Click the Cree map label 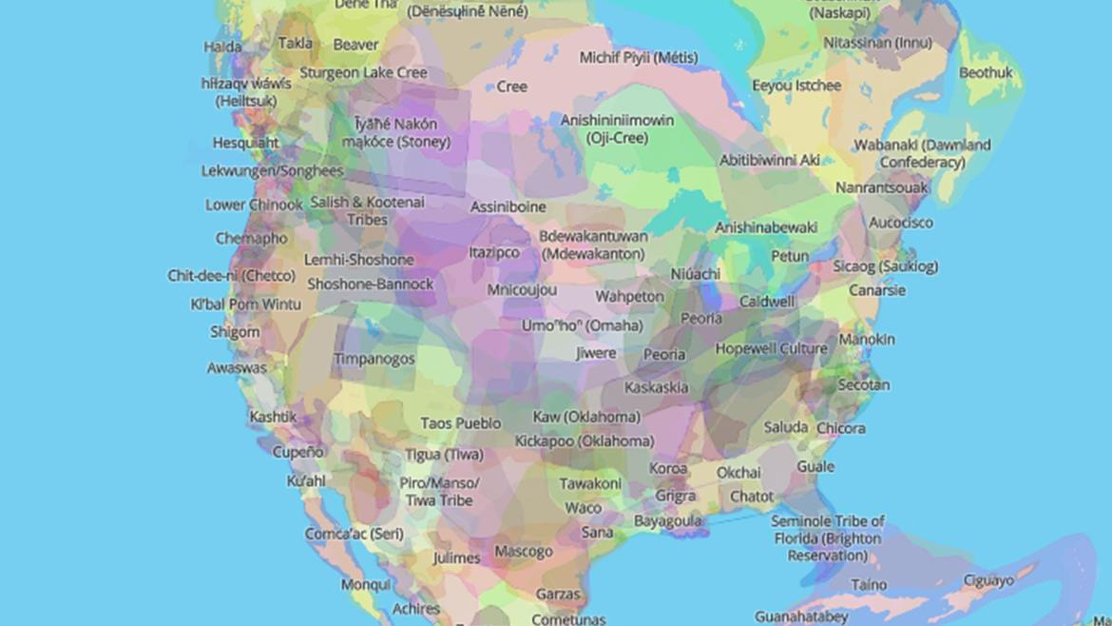511,87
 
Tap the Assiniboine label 508,206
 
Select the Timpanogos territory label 374,359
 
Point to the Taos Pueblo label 460,423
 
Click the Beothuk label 985,72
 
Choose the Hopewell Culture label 771,349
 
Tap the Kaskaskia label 656,387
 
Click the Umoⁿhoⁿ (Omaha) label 582,325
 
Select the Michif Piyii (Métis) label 638,58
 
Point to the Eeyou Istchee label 796,86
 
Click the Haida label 222,47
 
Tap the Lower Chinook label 254,205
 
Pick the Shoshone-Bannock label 370,284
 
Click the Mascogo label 523,551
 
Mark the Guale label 815,466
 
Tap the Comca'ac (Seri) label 354,534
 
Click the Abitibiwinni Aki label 769,160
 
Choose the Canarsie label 876,290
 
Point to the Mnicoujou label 522,289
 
